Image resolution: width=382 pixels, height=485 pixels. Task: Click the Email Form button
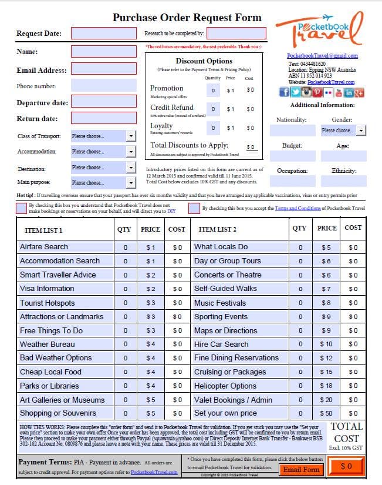coord(302,469)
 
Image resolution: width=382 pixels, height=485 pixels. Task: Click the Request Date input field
coord(103,34)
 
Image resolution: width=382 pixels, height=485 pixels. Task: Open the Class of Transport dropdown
coord(103,136)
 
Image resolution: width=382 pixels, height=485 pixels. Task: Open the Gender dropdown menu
coord(343,131)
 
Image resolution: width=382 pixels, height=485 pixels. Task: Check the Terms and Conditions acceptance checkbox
coord(194,208)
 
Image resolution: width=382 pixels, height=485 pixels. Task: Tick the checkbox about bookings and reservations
coord(22,208)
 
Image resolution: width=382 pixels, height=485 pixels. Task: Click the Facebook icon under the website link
coord(284,93)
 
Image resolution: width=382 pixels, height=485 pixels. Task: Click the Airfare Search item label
coord(44,247)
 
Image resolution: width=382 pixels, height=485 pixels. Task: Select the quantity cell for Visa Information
coord(125,289)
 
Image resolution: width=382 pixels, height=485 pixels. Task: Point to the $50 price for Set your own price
coord(326,413)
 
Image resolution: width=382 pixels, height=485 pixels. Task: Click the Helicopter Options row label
coord(225,386)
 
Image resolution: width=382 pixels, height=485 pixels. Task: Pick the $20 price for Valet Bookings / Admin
coord(326,400)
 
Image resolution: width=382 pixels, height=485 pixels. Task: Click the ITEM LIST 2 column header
coord(218,229)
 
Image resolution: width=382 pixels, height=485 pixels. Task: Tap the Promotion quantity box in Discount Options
coord(213,90)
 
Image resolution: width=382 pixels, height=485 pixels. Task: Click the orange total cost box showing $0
coord(346,467)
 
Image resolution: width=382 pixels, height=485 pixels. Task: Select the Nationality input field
coord(292,131)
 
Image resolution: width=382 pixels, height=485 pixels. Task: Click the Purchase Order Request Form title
coord(187,18)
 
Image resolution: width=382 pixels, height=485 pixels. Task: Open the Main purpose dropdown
coord(103,183)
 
